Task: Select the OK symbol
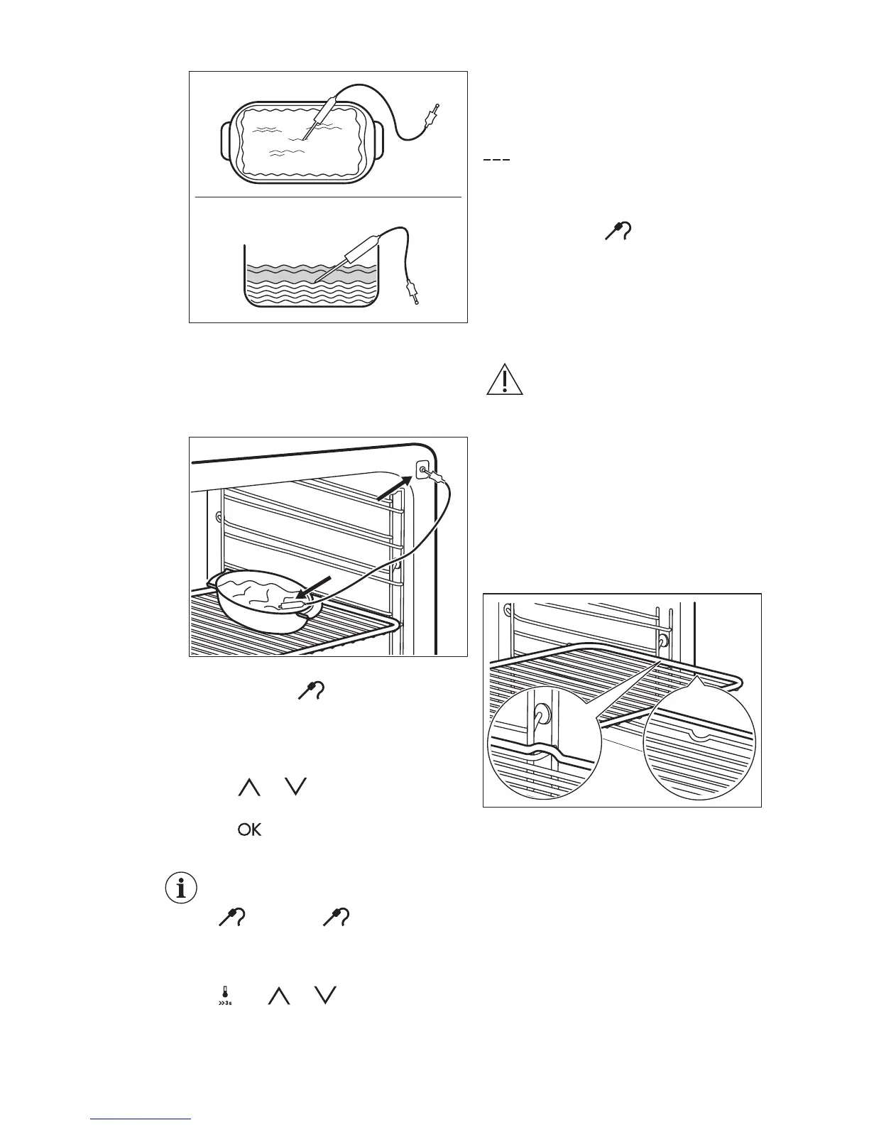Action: coord(250,830)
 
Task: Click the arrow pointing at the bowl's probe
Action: coord(313,589)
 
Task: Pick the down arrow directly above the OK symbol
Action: coord(295,786)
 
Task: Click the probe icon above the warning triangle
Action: coord(619,232)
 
